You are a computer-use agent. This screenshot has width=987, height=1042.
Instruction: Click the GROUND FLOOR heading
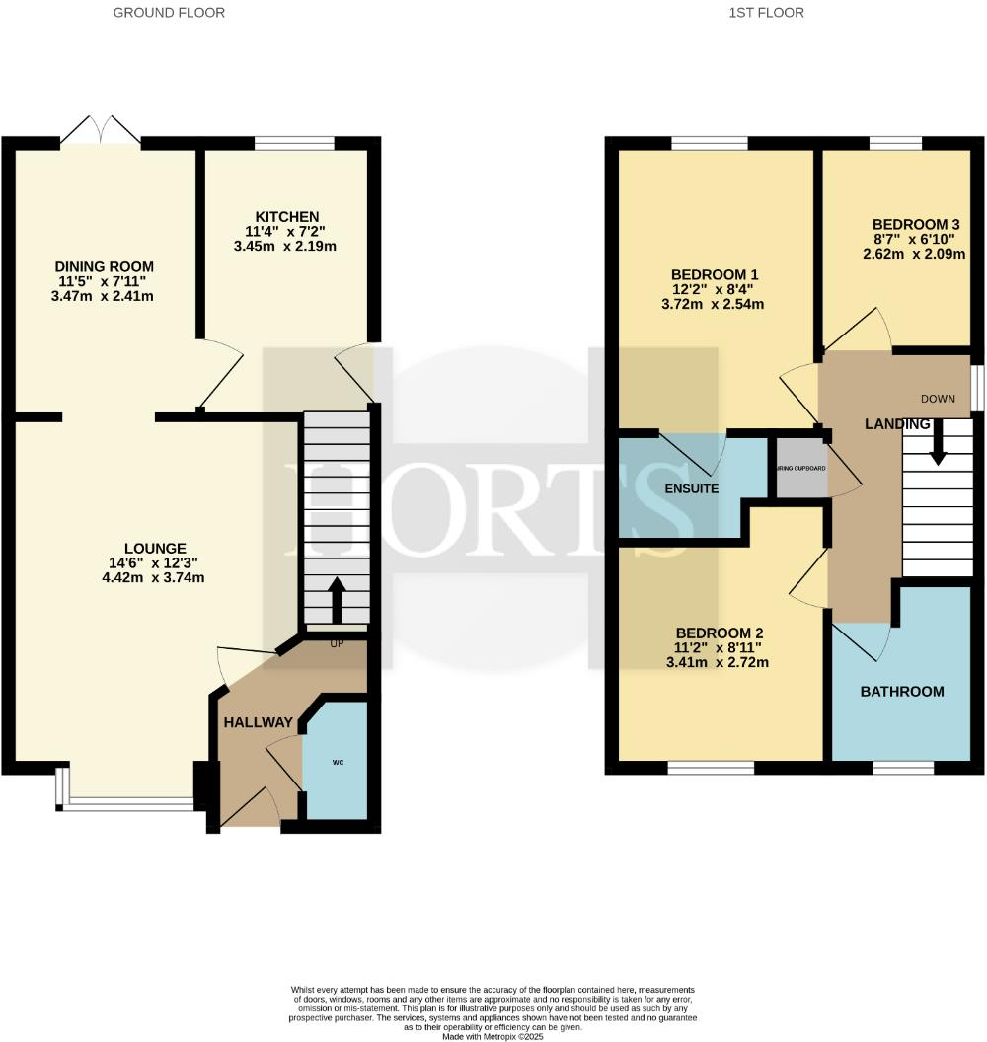169,13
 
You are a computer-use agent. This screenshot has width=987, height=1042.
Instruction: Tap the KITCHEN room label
287,217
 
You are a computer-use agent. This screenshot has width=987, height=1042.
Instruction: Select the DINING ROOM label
105,266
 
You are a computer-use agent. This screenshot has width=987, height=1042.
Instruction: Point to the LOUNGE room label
155,549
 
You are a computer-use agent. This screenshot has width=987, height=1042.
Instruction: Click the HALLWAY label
258,722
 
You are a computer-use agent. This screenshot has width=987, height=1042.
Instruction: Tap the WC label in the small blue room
338,763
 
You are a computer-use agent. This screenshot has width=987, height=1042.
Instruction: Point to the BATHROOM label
902,692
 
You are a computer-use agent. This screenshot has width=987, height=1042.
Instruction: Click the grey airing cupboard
800,468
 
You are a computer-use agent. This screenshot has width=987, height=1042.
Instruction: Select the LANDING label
897,424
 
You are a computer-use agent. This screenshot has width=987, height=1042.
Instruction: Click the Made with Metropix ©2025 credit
493,1036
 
